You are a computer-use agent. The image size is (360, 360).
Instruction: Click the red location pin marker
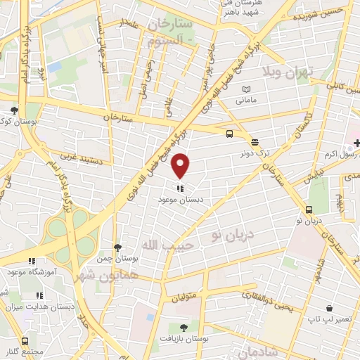coord(181,166)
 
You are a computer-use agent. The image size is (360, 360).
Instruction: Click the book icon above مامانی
coord(245,89)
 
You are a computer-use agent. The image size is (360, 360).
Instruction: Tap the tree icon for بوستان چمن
coord(117,247)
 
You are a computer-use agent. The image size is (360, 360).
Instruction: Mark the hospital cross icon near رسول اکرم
coord(356,143)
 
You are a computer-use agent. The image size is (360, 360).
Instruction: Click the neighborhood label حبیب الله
coord(161,245)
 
